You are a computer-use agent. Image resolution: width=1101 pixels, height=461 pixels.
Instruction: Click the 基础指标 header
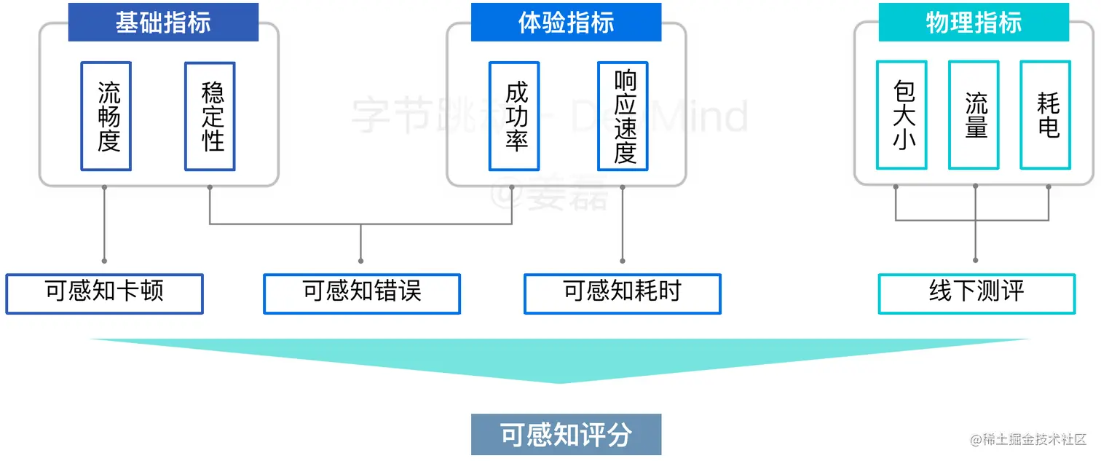coord(163,23)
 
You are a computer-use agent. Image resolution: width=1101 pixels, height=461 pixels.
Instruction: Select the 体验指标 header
coord(566,23)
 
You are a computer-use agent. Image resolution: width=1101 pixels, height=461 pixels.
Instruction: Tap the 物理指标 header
coord(974,23)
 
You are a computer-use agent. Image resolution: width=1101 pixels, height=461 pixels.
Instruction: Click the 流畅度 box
coord(106,117)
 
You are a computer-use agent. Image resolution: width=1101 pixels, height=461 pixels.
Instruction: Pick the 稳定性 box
coord(210,117)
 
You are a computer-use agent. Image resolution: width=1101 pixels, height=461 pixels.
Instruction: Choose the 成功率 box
coord(514,117)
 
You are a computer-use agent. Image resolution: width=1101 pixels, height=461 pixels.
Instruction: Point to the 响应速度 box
coord(623,117)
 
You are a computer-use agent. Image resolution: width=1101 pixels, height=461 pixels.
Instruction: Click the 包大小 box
coord(901,116)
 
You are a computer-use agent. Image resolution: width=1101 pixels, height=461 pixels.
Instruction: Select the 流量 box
coord(974,116)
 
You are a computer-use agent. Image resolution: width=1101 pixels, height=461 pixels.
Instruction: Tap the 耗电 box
coord(1045,116)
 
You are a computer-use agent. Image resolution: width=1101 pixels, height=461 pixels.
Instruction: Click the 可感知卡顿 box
coord(104,293)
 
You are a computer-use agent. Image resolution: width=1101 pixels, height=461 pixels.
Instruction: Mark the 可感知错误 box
coord(362,293)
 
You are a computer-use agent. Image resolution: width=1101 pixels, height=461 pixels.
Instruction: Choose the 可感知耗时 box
coord(623,293)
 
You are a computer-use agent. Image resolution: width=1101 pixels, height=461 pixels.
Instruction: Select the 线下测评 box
coord(976,293)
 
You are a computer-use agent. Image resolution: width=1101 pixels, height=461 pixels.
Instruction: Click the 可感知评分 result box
coord(566,435)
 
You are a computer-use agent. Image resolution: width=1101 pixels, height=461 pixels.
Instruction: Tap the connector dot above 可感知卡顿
coord(104,260)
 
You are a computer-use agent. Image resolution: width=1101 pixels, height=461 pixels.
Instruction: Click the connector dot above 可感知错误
coord(362,260)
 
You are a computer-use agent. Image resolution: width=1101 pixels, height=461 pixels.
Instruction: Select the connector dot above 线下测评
coord(976,260)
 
